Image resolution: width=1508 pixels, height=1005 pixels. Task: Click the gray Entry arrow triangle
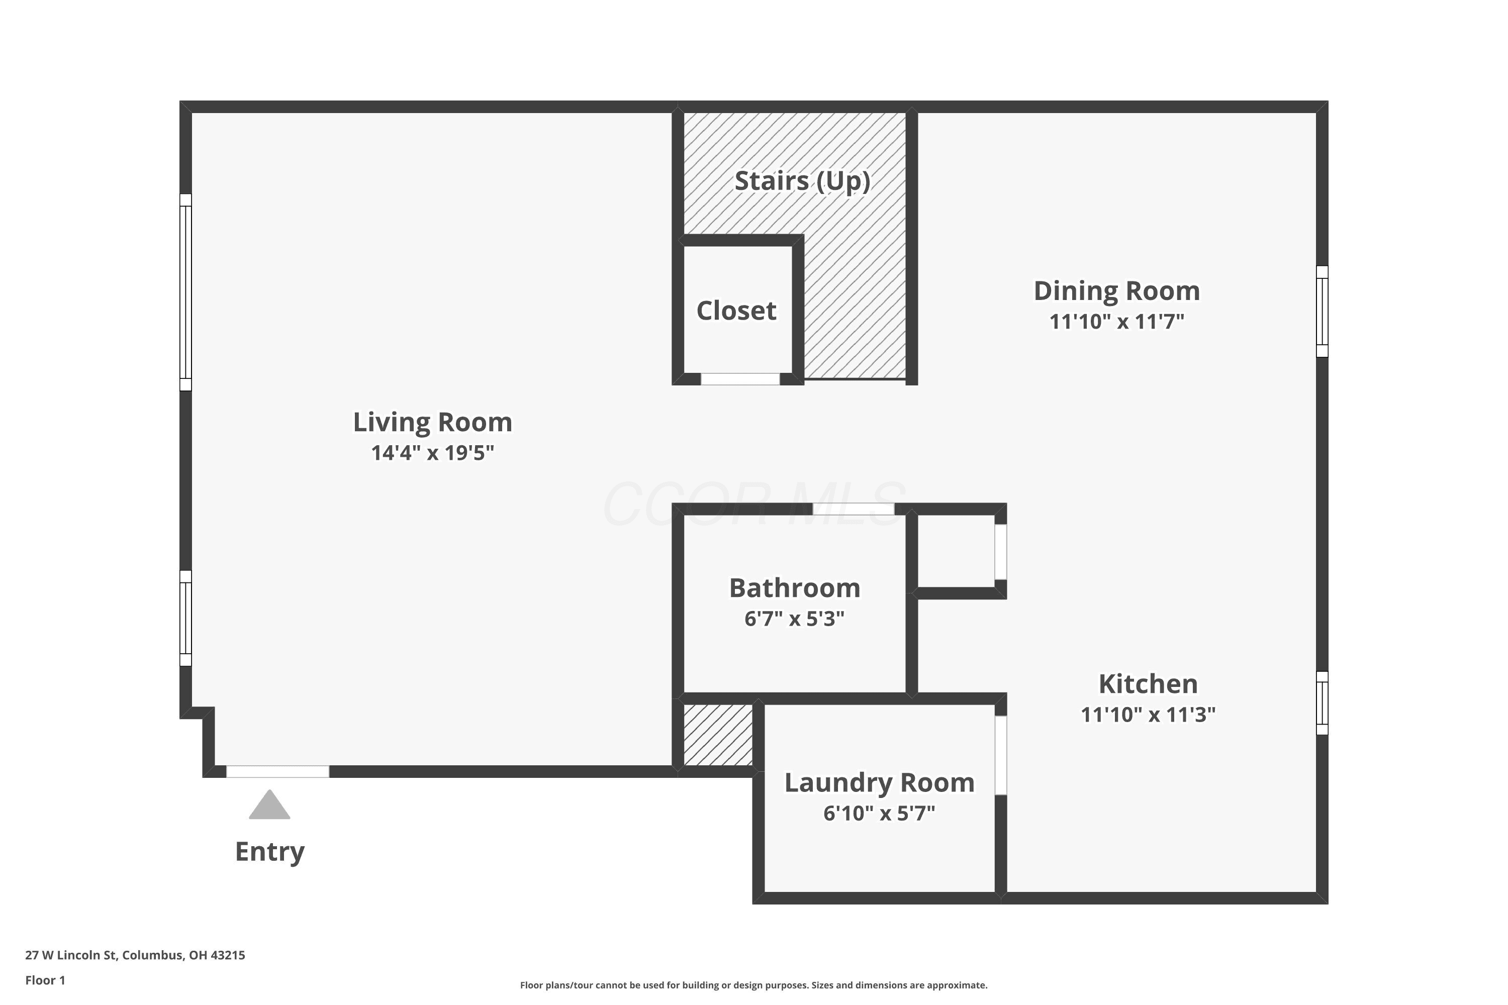(269, 805)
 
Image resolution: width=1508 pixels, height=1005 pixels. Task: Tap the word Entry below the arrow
(270, 852)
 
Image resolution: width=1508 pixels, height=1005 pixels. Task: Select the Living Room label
(433, 423)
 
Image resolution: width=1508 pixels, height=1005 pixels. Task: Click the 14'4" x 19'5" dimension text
(433, 453)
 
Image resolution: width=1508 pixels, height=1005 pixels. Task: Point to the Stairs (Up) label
(802, 181)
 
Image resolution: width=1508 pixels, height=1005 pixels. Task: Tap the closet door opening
(740, 379)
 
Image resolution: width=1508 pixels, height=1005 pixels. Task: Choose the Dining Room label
(1117, 291)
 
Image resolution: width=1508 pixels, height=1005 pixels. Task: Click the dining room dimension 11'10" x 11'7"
(1117, 321)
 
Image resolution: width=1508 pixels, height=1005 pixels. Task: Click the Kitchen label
(1148, 684)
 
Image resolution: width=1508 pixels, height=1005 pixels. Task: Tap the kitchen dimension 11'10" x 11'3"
(1148, 715)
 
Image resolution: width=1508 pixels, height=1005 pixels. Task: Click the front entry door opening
(277, 772)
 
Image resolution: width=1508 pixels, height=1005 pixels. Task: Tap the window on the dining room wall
(1322, 312)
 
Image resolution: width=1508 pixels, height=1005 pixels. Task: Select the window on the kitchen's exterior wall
(1322, 703)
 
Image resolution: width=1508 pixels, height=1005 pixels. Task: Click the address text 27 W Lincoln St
(71, 956)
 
